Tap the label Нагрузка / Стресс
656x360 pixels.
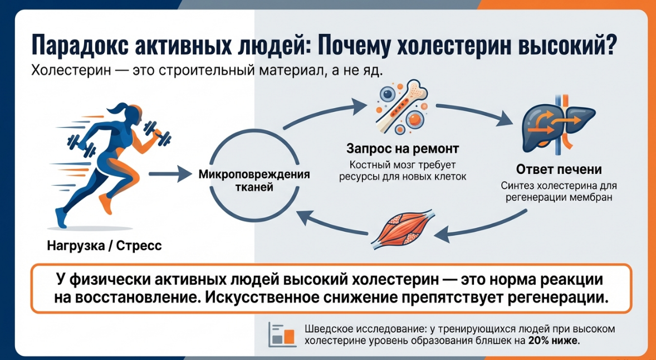coord(105,245)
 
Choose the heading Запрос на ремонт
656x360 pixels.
coord(403,149)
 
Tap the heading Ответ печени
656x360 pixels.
coord(559,169)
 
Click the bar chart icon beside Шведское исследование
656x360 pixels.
coord(281,334)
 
